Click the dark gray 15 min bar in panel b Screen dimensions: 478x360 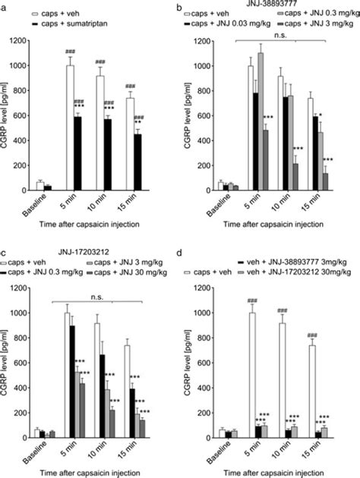tap(325, 181)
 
